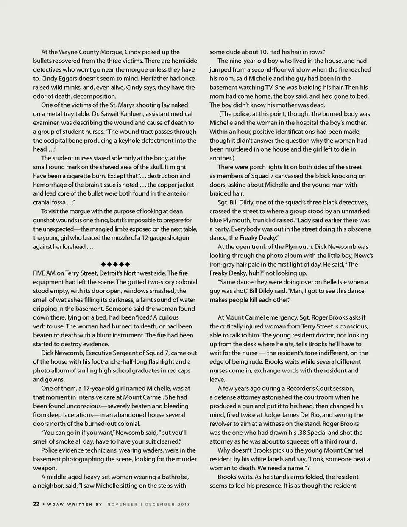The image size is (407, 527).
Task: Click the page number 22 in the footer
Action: (x=36, y=504)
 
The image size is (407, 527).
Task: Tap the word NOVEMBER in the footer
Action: (x=123, y=504)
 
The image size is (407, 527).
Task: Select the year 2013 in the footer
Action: (x=183, y=504)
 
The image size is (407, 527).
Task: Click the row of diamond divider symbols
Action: (x=115, y=264)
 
